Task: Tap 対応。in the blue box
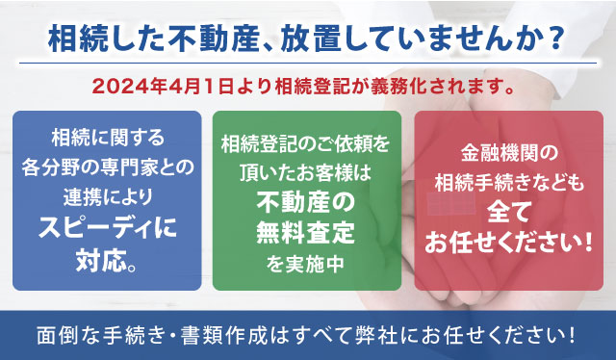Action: (x=108, y=260)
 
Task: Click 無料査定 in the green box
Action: (x=306, y=231)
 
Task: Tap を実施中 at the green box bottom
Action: (x=306, y=260)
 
